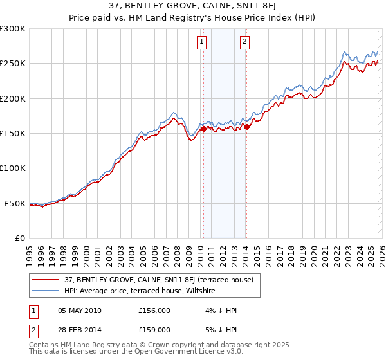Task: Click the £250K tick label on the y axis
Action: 13,64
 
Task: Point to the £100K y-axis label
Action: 13,168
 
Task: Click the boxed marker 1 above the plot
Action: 202,42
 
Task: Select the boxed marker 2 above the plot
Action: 245,42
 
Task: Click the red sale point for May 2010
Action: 203,129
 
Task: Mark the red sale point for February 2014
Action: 246,127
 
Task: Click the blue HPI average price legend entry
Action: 142,291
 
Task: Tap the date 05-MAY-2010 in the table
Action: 79,310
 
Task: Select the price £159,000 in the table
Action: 154,329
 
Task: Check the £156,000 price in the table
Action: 154,310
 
